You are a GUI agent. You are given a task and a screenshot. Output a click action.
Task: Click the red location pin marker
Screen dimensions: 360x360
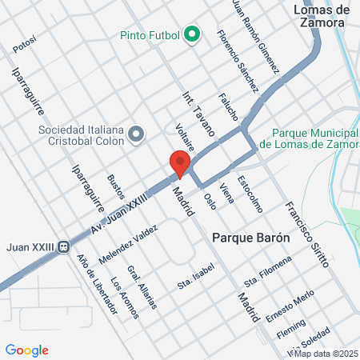[x=180, y=164]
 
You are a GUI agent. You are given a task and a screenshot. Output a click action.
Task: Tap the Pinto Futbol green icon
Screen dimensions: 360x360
[x=191, y=35]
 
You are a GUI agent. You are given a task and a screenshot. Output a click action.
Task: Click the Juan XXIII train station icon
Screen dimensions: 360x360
[x=63, y=246]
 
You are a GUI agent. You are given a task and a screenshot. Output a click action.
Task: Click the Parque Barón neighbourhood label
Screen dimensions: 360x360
[x=246, y=238]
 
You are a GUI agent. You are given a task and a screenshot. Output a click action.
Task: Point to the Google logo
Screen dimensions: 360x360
[x=27, y=350]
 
